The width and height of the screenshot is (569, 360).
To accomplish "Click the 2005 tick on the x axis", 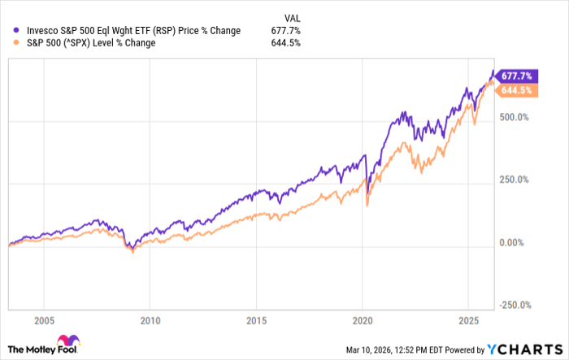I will click(44, 320).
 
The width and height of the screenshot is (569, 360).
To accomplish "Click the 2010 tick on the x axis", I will click(150, 320).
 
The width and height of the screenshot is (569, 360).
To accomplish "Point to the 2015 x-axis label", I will click(256, 320).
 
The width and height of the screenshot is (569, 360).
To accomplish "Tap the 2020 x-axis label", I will click(363, 320).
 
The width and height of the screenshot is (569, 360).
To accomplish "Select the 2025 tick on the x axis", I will click(469, 320).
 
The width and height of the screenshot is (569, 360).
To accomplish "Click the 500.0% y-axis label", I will click(515, 117).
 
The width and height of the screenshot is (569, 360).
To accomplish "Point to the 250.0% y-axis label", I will click(515, 180).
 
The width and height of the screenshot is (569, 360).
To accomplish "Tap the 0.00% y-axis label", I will click(512, 243).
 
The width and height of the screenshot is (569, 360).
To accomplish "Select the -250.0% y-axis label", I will click(513, 306).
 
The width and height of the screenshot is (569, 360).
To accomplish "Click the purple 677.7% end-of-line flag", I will click(516, 74).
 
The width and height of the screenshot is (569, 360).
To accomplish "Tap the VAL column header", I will click(291, 16).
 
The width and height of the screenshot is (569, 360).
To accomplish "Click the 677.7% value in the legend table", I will click(287, 31).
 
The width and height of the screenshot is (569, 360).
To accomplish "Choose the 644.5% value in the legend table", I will click(287, 43).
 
